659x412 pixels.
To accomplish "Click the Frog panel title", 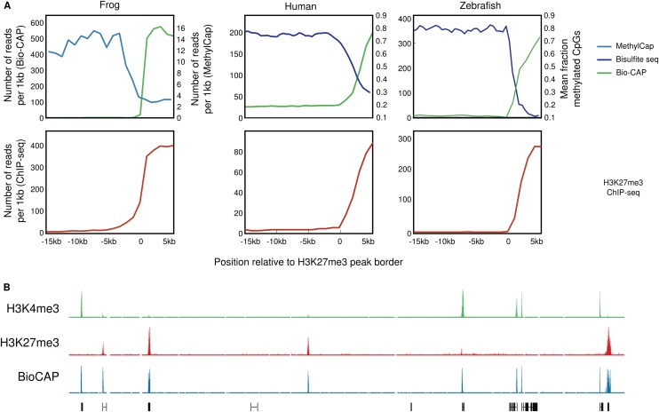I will click(x=111, y=6).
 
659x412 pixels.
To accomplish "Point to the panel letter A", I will click(x=7, y=6).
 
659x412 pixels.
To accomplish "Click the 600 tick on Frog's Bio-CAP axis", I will click(x=36, y=21).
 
